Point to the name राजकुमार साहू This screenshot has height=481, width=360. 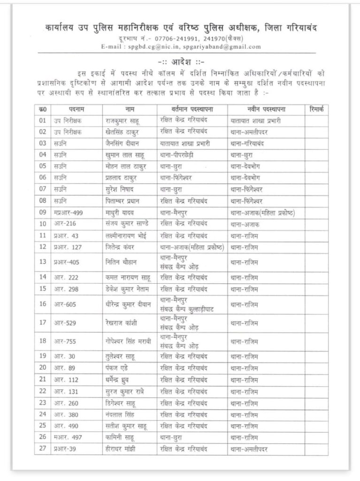123,120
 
